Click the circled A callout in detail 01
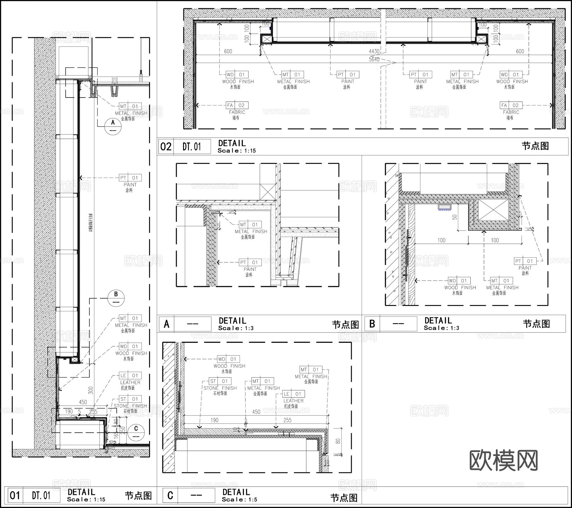pyautogui.click(x=113, y=126)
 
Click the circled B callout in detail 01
pyautogui.click(x=116, y=298)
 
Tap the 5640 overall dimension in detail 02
pyautogui.click(x=374, y=59)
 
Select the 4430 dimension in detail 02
pyautogui.click(x=374, y=51)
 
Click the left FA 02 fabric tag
pyautogui.click(x=237, y=105)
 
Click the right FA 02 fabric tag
pyautogui.click(x=511, y=105)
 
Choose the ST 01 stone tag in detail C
pyautogui.click(x=220, y=381)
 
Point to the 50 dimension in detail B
pyautogui.click(x=454, y=217)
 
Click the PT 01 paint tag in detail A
pyautogui.click(x=250, y=262)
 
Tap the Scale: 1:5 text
pyautogui.click(x=240, y=499)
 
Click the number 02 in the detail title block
pyautogui.click(x=166, y=147)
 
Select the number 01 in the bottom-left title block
pyautogui.click(x=15, y=495)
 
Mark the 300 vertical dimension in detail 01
pyautogui.click(x=91, y=390)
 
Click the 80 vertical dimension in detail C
pyautogui.click(x=338, y=441)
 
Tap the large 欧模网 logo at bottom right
pyautogui.click(x=503, y=460)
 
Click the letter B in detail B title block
pyautogui.click(x=372, y=324)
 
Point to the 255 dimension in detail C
pyautogui.click(x=287, y=420)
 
